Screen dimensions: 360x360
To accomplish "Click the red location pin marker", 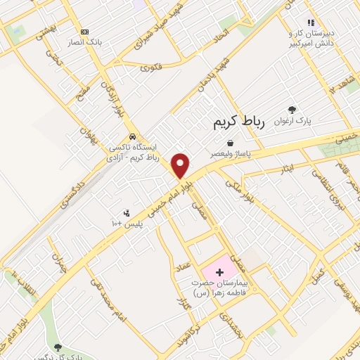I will [181, 165].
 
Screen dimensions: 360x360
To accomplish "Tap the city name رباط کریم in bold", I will [239, 122].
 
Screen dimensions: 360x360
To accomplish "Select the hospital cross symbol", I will [220, 271].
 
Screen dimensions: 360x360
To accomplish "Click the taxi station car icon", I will [131, 136].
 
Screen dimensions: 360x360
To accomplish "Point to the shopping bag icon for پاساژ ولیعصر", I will [230, 143].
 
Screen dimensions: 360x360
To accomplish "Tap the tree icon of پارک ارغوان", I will [292, 109].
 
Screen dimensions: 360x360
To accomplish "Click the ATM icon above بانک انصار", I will [85, 32].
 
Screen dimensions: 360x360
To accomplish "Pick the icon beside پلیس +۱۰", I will [127, 213].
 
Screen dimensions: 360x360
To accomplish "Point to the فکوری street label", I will [151, 68].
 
